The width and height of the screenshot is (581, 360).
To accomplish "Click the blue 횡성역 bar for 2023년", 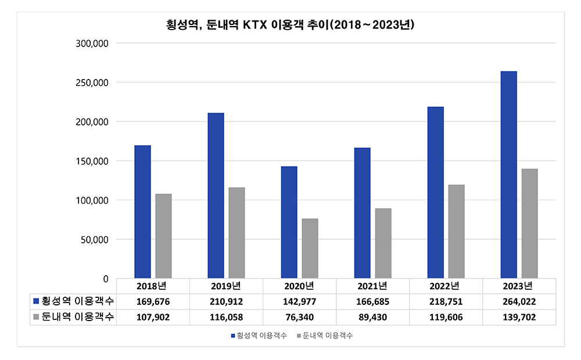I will click(508, 175).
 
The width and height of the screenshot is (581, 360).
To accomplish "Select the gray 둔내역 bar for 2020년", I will click(310, 249).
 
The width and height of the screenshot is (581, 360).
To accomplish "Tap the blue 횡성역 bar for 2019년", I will click(216, 196).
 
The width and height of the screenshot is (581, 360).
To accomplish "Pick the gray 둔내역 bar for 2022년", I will click(456, 232).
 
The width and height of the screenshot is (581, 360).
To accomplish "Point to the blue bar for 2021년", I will click(362, 213).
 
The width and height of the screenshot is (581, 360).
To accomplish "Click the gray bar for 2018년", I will click(163, 236).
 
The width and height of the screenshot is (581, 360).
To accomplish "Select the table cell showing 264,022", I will click(519, 302).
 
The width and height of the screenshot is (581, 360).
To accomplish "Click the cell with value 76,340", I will click(300, 318).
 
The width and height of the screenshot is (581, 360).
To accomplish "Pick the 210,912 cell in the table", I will click(227, 302).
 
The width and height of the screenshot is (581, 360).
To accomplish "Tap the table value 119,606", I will click(446, 318).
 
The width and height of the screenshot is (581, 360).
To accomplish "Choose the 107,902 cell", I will click(153, 318).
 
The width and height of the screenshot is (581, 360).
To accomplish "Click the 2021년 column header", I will click(373, 286).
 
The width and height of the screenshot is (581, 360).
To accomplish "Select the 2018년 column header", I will click(153, 286).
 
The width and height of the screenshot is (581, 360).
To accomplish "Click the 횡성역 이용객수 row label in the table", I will click(77, 301).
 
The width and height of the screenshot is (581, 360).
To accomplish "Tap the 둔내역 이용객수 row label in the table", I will click(77, 317).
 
